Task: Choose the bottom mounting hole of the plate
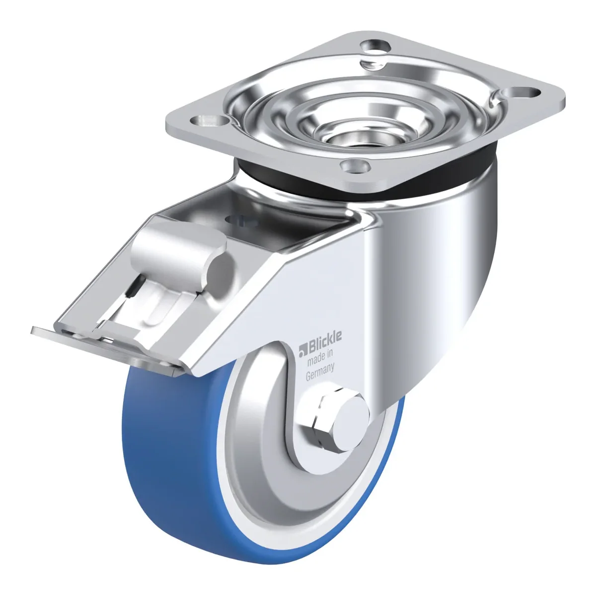pyautogui.click(x=356, y=167)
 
